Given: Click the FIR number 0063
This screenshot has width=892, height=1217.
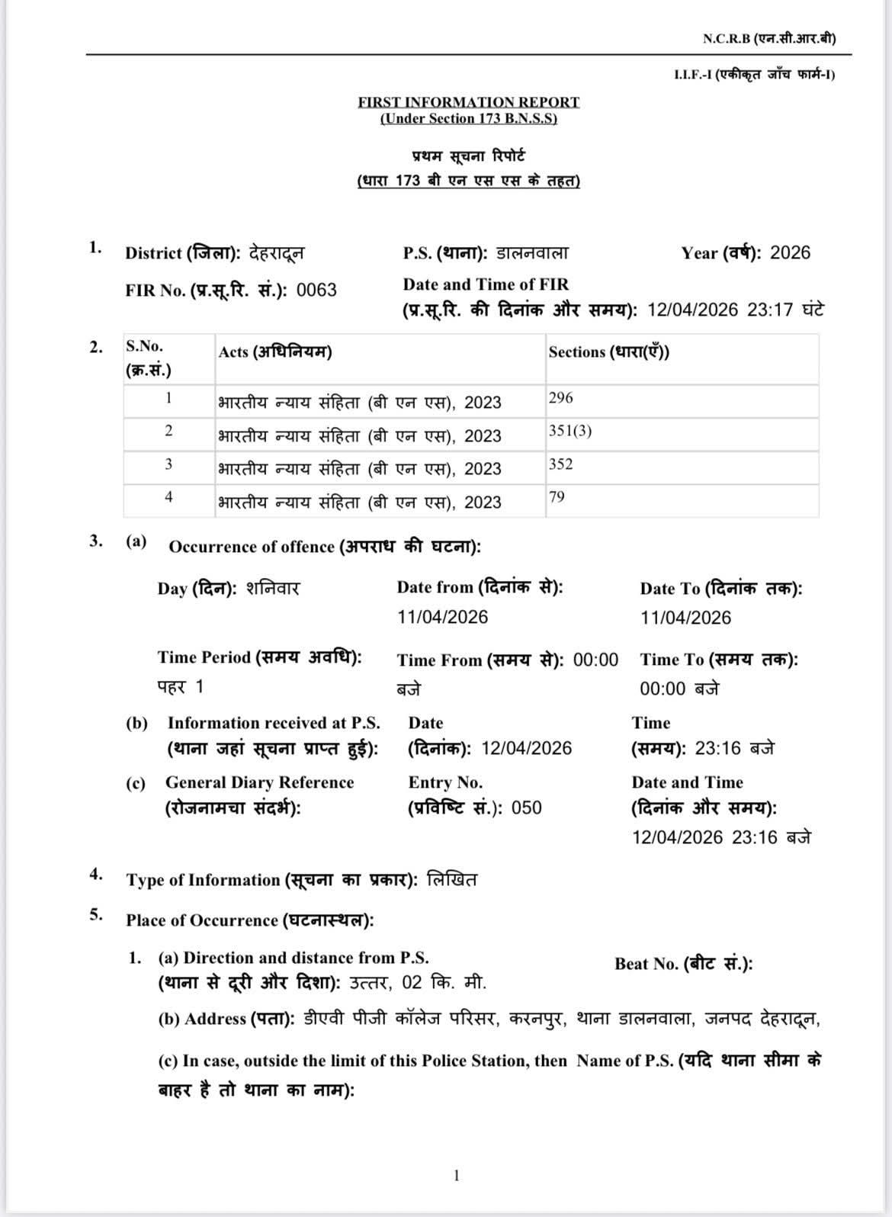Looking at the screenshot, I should [316, 291].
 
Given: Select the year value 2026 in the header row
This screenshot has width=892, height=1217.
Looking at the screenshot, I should [790, 253].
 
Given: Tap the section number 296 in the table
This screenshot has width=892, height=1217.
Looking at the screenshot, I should [560, 398].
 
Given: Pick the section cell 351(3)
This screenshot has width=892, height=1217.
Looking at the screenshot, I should [570, 431].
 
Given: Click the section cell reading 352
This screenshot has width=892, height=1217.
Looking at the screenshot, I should [560, 464].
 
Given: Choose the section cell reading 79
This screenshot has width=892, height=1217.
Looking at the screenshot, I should [557, 497].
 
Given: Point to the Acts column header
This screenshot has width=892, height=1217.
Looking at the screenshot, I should [274, 352].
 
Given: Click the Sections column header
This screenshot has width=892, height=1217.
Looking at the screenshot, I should [608, 352].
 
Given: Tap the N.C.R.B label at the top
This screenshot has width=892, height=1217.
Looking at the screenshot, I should [768, 39].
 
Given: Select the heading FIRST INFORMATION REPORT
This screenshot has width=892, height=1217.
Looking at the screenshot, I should [468, 102].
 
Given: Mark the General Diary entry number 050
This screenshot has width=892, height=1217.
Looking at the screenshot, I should [526, 808].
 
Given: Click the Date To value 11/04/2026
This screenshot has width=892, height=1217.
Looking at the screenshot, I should [685, 618].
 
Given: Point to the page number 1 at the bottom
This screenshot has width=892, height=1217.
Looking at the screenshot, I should [456, 1176].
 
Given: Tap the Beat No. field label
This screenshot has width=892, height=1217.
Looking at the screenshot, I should [683, 964].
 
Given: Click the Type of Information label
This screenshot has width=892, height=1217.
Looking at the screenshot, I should [271, 880].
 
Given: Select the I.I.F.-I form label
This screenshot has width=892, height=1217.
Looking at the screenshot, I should [754, 75].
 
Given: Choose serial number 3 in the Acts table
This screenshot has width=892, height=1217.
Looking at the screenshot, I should [168, 464].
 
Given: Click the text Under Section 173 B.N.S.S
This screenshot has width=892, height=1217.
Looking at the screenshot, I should [468, 119].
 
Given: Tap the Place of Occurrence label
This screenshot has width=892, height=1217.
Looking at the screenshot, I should [249, 920].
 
